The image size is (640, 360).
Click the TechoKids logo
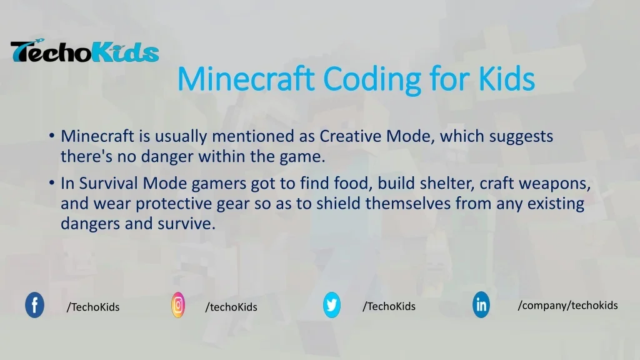pos(84,52)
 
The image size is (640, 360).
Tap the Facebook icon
pos(34,305)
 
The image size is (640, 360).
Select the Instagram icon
pos(178,305)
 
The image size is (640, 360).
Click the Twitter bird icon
pos(331,305)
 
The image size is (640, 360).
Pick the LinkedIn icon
pos(481,305)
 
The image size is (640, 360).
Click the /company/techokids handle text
pos(567,305)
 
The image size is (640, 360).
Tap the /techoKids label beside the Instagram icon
pos(231,307)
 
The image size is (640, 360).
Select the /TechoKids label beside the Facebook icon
pos(93,307)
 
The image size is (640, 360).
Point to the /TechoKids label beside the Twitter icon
pos(389,306)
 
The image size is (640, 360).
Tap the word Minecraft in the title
pos(246,79)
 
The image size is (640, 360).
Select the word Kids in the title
pos(507,79)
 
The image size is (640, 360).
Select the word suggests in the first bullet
pos(521,136)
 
